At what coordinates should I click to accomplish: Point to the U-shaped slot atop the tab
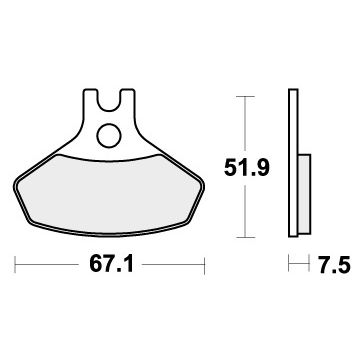pyautogui.click(x=108, y=99)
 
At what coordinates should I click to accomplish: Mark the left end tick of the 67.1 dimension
pyautogui.click(x=18, y=266)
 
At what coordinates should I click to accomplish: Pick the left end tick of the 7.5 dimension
pyautogui.click(x=289, y=266)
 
